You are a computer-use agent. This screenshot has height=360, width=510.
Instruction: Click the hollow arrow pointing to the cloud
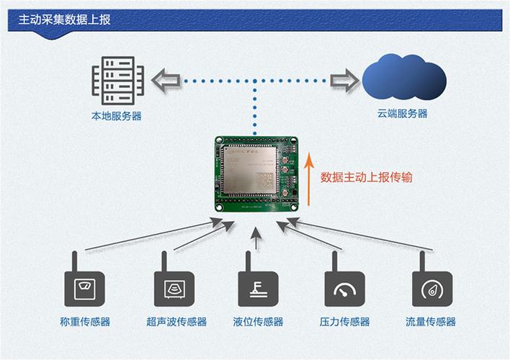click(344, 80)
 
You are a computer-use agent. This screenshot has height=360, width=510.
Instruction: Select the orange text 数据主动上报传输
click(367, 177)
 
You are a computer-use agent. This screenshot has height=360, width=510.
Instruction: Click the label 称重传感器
click(85, 322)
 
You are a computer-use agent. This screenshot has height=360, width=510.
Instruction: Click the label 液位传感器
click(258, 322)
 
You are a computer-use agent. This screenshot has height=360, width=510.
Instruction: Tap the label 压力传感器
click(344, 322)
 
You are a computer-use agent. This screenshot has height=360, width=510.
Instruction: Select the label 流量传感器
click(431, 322)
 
